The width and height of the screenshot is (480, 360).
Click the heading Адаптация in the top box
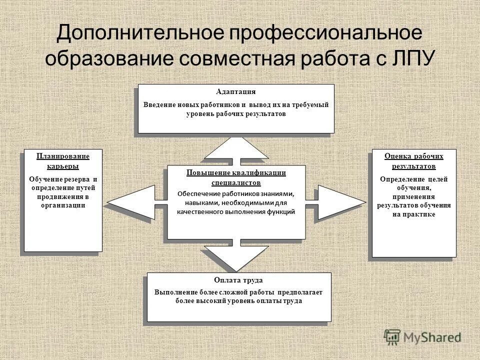coord(236,92)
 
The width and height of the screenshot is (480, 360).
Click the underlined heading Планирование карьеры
coord(63,161)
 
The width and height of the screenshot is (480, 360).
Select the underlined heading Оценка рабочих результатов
coord(414,161)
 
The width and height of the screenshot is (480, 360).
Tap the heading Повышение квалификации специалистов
coord(236,177)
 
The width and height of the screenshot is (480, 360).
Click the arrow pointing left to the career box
coord(130,202)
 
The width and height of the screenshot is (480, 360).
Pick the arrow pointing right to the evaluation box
coord(340,202)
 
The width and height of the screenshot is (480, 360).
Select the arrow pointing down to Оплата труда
coord(236,257)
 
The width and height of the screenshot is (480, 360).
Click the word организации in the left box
coord(63,205)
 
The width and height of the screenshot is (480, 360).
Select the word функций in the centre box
coord(282,211)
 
